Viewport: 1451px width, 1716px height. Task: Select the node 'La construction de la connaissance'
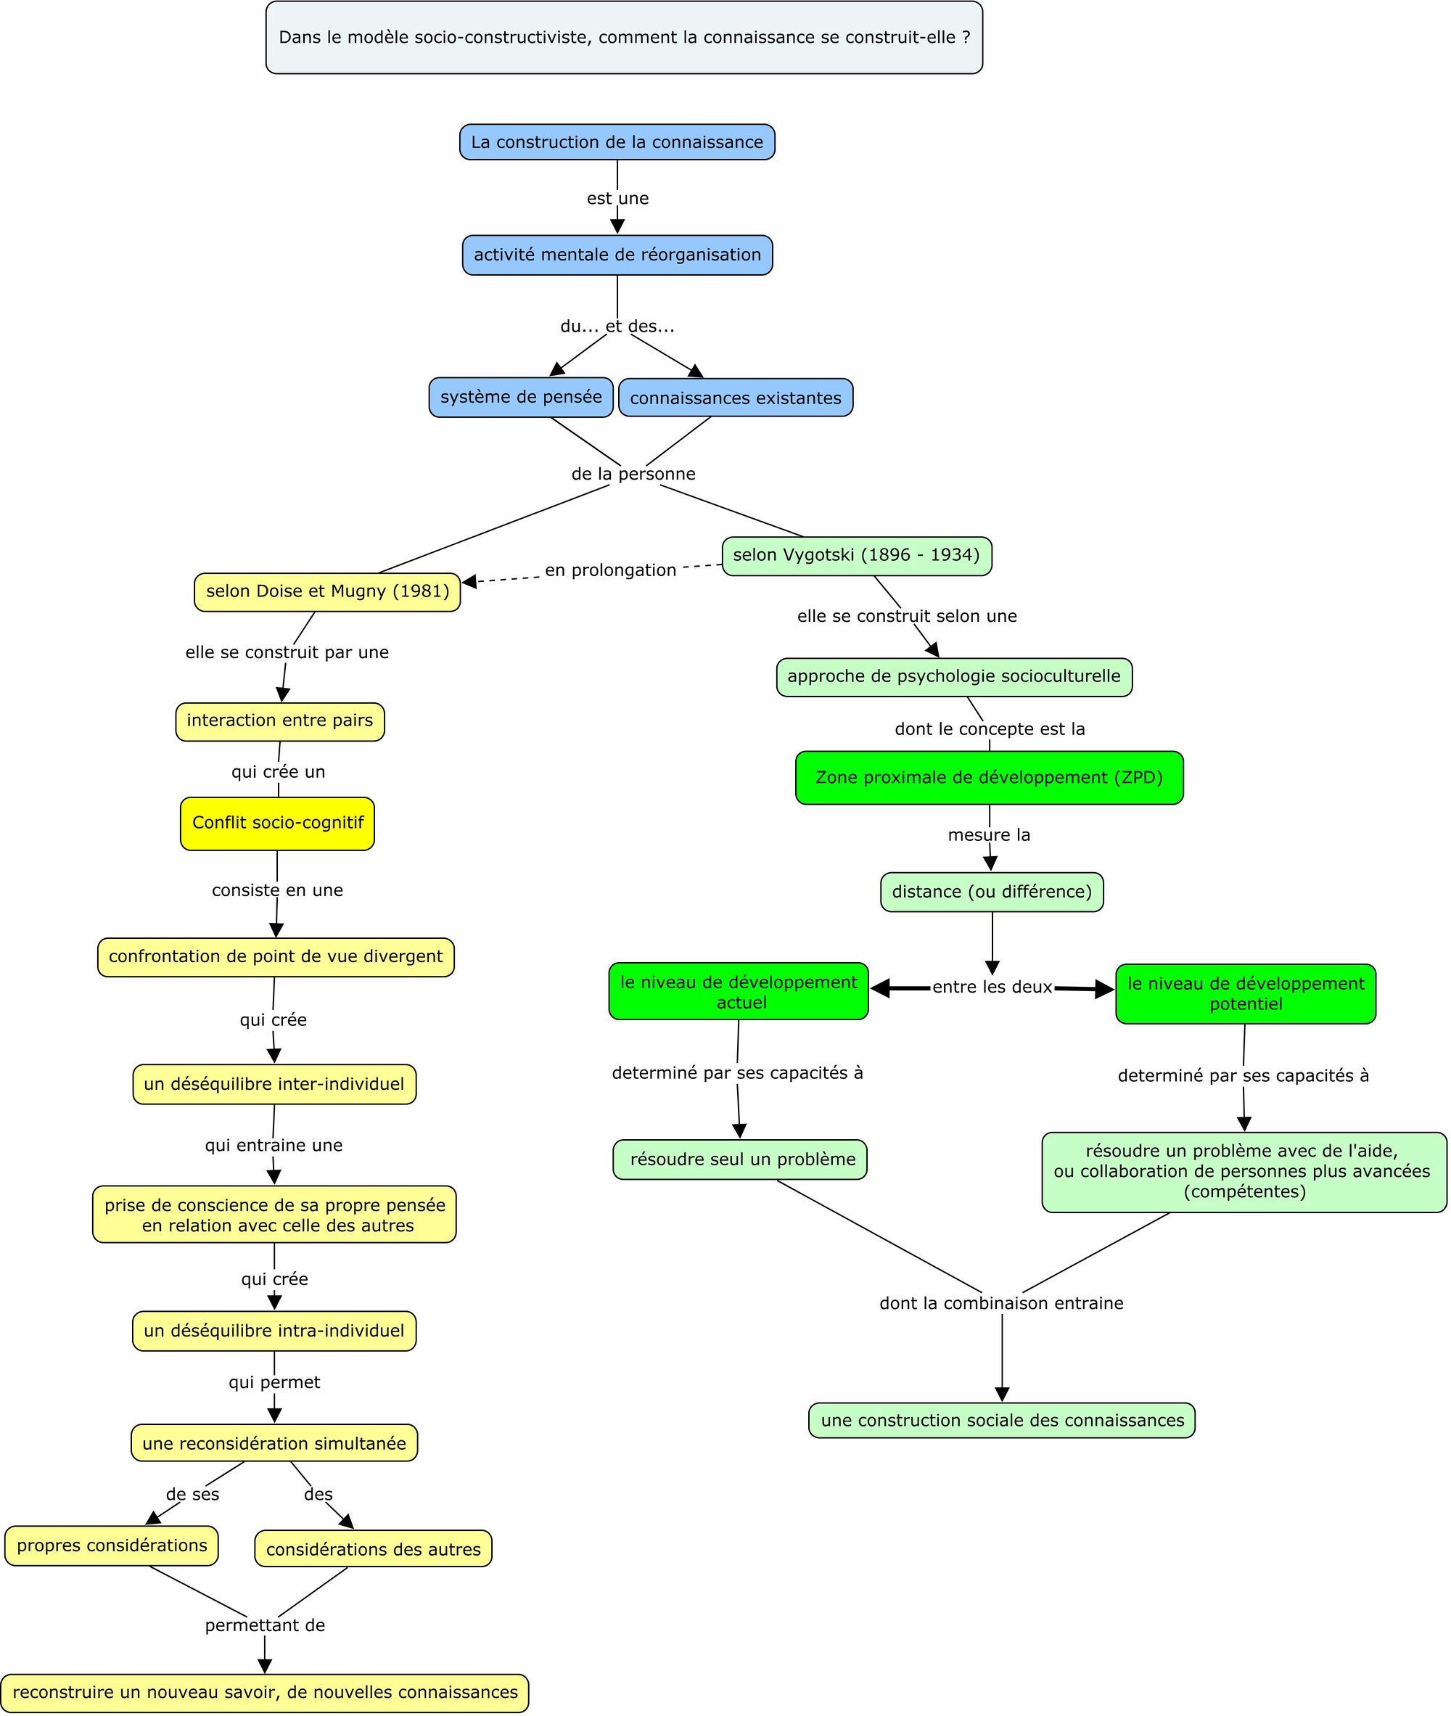click(x=617, y=142)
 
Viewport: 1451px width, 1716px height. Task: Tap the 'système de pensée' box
click(x=521, y=398)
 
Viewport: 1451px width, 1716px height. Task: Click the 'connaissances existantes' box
click(x=736, y=398)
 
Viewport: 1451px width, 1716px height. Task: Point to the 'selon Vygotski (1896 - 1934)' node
click(x=856, y=555)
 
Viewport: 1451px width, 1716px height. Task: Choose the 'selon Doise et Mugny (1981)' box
click(x=327, y=591)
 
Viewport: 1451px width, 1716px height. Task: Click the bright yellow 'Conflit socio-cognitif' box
click(x=277, y=823)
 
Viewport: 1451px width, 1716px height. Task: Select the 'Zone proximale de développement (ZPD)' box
click(x=989, y=777)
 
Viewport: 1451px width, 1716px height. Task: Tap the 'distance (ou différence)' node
click(x=991, y=892)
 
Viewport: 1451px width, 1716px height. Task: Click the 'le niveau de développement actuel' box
click(x=739, y=991)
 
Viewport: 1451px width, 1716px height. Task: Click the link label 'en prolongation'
click(x=610, y=570)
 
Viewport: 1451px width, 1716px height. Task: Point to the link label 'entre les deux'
click(x=991, y=987)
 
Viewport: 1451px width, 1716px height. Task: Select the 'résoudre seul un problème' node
click(x=739, y=1160)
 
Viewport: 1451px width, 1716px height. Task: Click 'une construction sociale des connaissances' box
click(x=1001, y=1420)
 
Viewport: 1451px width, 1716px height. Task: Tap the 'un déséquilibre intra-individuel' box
click(x=274, y=1331)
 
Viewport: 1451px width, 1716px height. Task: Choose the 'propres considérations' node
click(x=112, y=1545)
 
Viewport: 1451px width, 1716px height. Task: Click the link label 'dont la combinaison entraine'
click(x=1001, y=1303)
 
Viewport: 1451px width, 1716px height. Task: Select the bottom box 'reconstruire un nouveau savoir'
click(x=265, y=1692)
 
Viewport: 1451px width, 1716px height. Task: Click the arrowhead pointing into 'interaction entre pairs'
click(x=282, y=695)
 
